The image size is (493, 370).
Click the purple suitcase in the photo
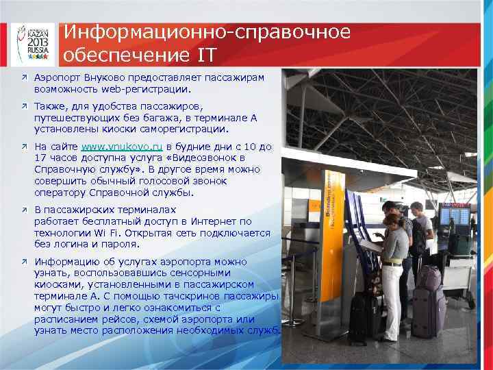[x=429, y=301]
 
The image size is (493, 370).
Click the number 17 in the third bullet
[x=40, y=157]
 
